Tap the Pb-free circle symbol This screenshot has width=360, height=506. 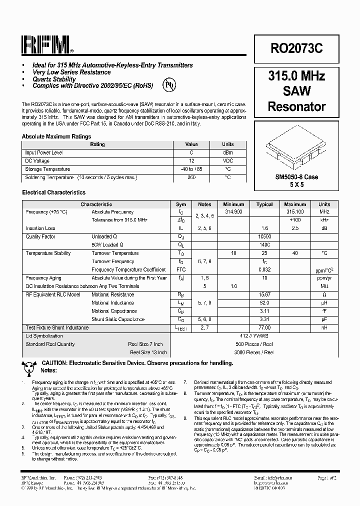click(170, 84)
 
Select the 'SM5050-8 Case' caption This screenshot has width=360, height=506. click(296, 177)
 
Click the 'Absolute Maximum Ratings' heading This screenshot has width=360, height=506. click(56, 136)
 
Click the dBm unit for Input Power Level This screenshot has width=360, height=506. click(227, 152)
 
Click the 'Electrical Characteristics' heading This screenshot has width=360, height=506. click(53, 192)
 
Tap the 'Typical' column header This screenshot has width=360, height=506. click(264, 204)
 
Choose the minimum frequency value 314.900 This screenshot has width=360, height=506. click(233, 212)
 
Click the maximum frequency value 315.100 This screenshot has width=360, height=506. click(295, 212)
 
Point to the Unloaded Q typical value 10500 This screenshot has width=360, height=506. click(264, 236)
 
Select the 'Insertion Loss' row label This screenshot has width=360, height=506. click(40, 228)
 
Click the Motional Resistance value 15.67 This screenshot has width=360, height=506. click(264, 294)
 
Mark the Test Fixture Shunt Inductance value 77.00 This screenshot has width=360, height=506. click(264, 327)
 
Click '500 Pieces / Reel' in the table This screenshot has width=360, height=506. click(254, 344)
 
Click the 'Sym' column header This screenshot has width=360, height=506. click(181, 204)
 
